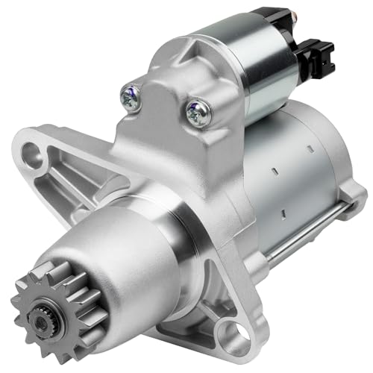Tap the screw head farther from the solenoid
coord(131,97)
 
